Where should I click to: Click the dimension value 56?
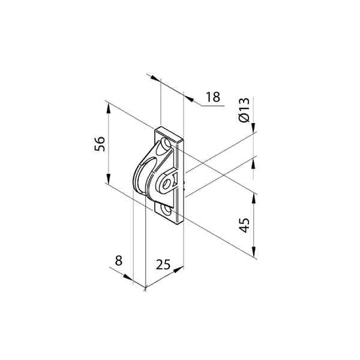[100, 144]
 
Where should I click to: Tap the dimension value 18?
[213, 97]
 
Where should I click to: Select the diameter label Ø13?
[244, 110]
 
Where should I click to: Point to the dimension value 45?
[244, 225]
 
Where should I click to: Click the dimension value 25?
[163, 264]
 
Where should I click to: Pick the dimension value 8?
[118, 260]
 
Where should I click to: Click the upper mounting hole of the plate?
[166, 143]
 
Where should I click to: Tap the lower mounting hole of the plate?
[166, 209]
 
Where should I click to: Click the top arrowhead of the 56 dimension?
[109, 108]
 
